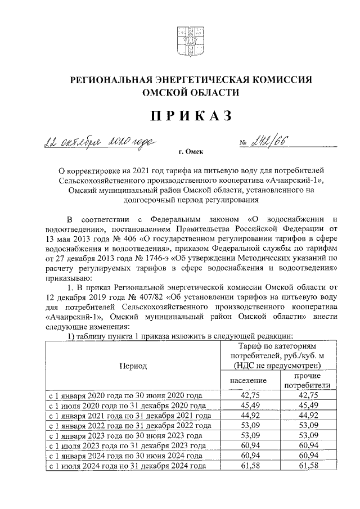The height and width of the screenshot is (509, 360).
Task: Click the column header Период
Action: click(x=133, y=366)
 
